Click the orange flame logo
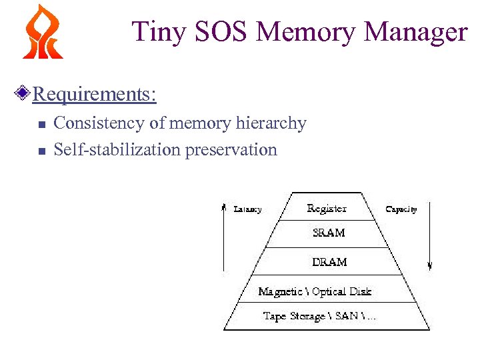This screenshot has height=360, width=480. [43, 31]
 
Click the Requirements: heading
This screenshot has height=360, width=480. [94, 94]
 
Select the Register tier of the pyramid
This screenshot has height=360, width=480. [327, 209]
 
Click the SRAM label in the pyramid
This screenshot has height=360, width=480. [329, 233]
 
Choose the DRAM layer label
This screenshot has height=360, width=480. [329, 262]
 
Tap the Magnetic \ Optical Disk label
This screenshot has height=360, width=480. [315, 291]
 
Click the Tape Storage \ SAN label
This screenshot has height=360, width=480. [319, 316]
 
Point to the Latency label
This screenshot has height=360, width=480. [248, 209]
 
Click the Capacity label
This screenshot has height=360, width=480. [401, 209]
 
